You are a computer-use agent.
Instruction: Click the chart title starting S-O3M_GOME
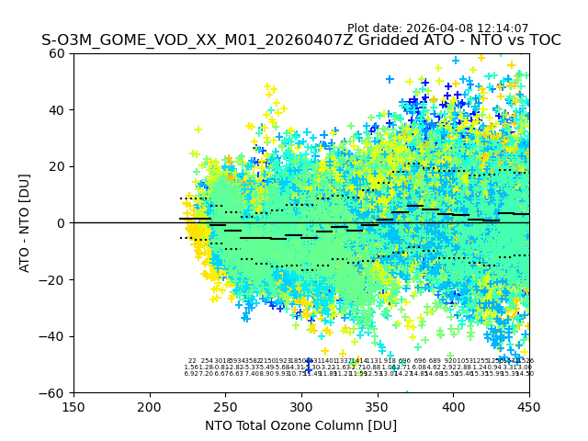tap(300, 40)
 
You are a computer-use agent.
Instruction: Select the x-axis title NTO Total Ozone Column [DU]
tap(300, 425)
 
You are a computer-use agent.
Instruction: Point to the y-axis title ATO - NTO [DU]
tap(25, 222)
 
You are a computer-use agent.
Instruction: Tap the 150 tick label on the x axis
tap(73, 405)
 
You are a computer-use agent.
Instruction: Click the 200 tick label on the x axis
tap(150, 405)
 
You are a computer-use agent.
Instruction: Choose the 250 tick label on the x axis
tap(225, 405)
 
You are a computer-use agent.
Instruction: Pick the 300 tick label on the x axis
tap(301, 405)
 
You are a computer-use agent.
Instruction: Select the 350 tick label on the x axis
tap(378, 405)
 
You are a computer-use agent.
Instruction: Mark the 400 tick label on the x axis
tap(453, 405)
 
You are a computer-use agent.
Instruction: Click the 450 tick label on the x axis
tap(529, 405)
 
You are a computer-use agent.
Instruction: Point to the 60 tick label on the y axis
tap(58, 53)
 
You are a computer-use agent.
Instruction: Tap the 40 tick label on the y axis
tap(58, 110)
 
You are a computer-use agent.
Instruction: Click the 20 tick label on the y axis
tap(58, 166)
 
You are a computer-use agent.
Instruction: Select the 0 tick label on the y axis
tap(62, 223)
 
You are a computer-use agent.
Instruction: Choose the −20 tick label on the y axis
tap(54, 279)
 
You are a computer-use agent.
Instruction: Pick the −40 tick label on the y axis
tap(54, 336)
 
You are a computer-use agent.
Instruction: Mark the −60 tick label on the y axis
tap(54, 392)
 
